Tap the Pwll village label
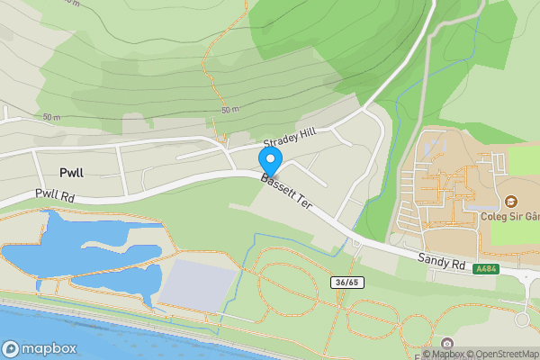tap(71, 172)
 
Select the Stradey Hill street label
tap(290, 139)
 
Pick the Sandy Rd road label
tap(440, 262)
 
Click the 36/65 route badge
tap(344, 282)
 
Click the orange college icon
tap(512, 200)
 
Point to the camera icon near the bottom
tap(447, 343)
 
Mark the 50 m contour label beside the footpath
tap(229, 110)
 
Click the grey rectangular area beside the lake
tap(196, 283)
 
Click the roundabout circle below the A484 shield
tap(524, 319)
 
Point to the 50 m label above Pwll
tap(50, 118)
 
